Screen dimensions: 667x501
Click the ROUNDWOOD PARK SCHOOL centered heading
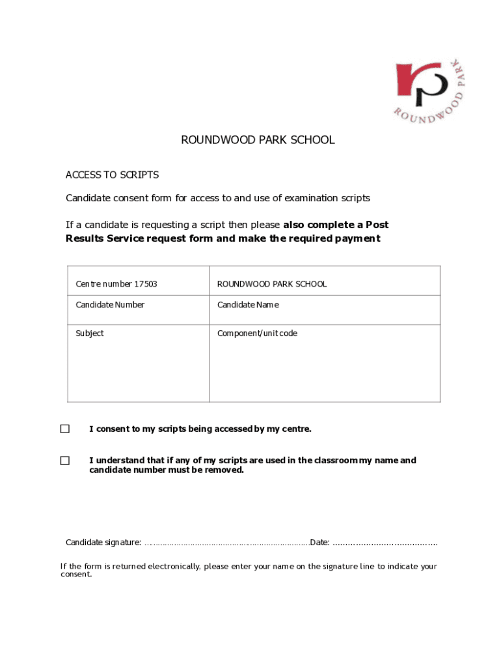[258, 140]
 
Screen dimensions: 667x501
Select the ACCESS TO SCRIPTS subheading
[112, 175]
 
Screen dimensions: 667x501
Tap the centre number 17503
[145, 284]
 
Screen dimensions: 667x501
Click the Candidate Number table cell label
[110, 305]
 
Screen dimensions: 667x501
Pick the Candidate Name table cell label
[247, 305]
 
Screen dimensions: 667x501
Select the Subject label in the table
[90, 333]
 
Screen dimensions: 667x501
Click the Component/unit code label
[257, 333]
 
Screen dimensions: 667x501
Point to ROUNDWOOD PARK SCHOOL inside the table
[271, 284]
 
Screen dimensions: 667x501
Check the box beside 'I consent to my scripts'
[65, 429]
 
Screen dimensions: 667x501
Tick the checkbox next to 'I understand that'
[65, 461]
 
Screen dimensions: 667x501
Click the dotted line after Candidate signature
[226, 543]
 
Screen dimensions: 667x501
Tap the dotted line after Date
[385, 543]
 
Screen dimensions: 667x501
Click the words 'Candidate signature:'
[103, 543]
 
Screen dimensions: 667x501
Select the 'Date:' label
[320, 543]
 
